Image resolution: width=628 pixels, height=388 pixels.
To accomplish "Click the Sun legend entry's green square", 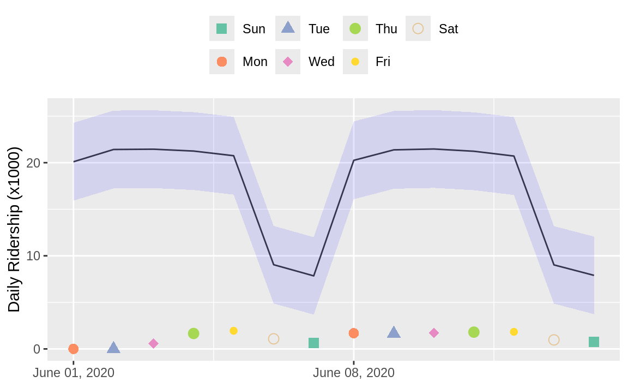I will coord(221,29).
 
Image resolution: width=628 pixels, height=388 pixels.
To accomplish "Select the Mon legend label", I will coord(255,62).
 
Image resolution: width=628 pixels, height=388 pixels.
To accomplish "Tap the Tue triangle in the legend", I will coord(288,28).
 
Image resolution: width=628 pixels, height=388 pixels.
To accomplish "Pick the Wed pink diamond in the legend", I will coord(288,62).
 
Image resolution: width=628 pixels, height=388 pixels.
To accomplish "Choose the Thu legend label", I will coord(386,29).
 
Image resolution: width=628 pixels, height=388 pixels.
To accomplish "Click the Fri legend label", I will coord(383,62).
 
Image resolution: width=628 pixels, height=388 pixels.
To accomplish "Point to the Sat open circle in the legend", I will coord(418,29).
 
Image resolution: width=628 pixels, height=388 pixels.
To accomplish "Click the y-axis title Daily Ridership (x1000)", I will coord(14,229).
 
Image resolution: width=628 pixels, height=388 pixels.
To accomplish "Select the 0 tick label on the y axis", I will coord(37,349).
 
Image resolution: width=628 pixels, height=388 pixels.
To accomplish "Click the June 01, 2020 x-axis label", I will coord(74,373).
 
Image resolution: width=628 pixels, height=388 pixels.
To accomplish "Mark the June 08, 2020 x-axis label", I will coord(354,373).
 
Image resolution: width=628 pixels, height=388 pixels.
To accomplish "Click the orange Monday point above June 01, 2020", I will coord(74,349).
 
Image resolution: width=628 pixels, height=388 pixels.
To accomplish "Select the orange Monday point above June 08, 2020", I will coord(354,333).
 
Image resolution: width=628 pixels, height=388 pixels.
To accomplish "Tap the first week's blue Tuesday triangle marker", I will coord(113,348).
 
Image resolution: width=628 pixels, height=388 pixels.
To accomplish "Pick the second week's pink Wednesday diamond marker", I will coord(434,333).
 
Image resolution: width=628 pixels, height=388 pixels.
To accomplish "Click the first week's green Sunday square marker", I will coord(313,343).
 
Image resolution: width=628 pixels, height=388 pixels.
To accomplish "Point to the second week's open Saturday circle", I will coord(554,340).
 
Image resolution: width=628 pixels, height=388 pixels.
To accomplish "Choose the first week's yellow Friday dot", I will coord(234,331).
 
